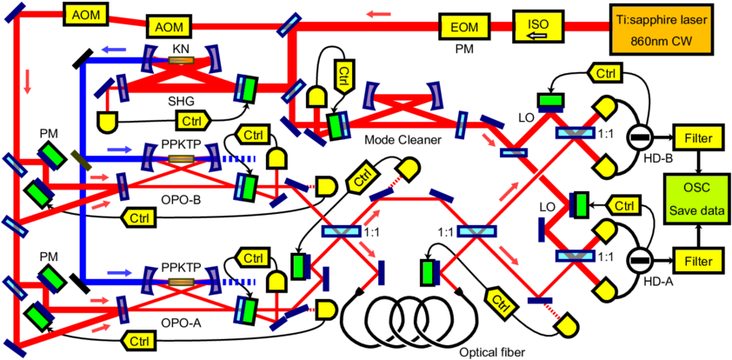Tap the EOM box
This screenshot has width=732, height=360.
(464, 26)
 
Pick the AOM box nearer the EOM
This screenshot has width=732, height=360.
(170, 27)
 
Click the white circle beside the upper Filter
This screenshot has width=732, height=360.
(639, 137)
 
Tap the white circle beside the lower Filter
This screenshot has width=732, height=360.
(639, 259)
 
